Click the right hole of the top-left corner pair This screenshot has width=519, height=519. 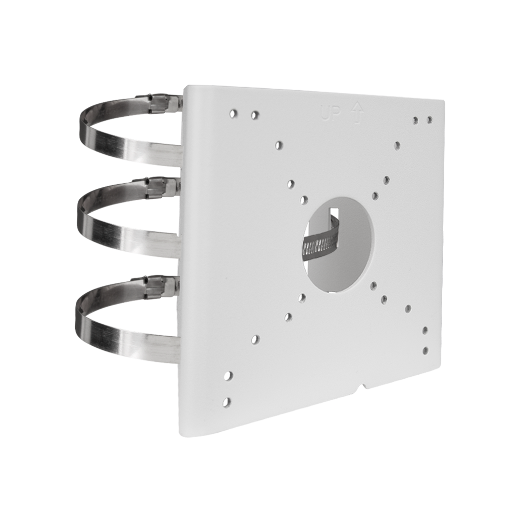click(254, 114)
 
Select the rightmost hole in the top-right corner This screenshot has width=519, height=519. click(429, 120)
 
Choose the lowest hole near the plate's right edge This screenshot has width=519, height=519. click(426, 350)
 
